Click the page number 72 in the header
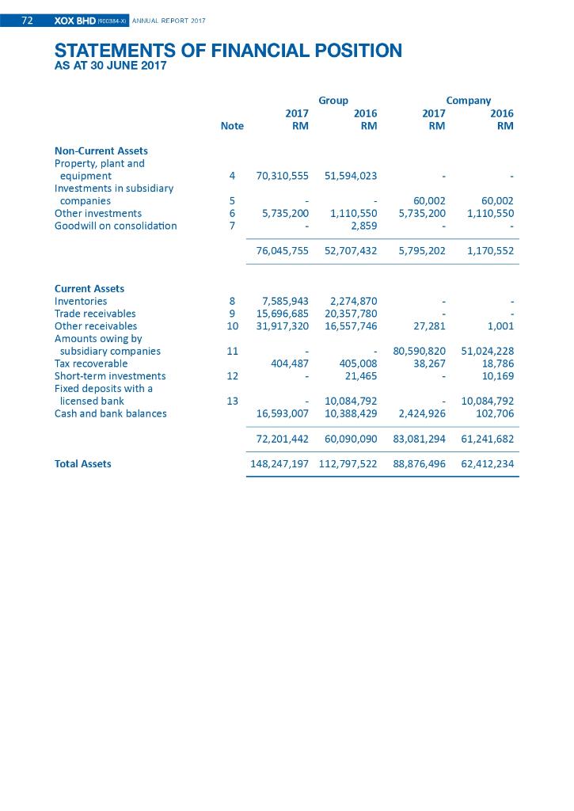coord(27,21)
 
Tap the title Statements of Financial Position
coord(228,51)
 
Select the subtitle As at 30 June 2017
coord(110,67)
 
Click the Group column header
coord(333,101)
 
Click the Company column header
coord(468,101)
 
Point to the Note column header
coord(232,126)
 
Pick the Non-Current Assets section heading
coord(101,150)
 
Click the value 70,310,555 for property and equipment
coord(282,176)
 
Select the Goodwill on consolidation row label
coord(116,226)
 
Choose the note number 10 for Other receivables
coord(232,326)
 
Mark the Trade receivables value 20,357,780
coord(351,314)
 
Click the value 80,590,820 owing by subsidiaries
coord(419,351)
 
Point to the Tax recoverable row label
coord(90,364)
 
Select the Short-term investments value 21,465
coord(361,376)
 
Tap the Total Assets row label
coord(82,464)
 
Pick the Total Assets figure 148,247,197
coord(279,464)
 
